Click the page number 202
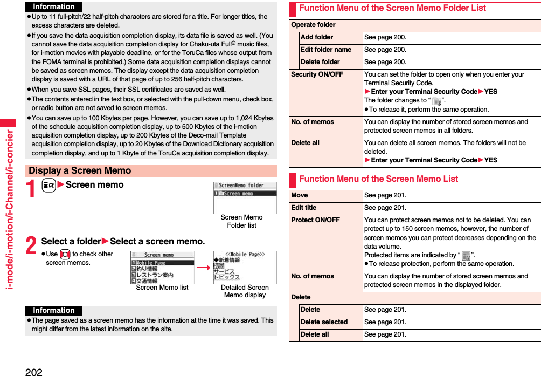tap(33, 371)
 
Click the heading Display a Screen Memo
tap(80, 170)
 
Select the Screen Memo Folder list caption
tap(241, 221)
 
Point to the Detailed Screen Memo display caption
tap(245, 291)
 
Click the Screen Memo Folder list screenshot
tap(245, 197)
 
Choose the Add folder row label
tap(317, 37)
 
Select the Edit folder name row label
tap(326, 50)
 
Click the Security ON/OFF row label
tap(317, 74)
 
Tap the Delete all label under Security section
tap(305, 143)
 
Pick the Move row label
tap(300, 195)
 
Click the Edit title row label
tap(304, 208)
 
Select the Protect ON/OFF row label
tap(315, 220)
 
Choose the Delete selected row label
tap(324, 322)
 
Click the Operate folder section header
tap(313, 25)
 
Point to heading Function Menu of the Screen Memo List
tap(378, 179)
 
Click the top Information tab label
tap(54, 7)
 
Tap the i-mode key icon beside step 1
tap(48, 185)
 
